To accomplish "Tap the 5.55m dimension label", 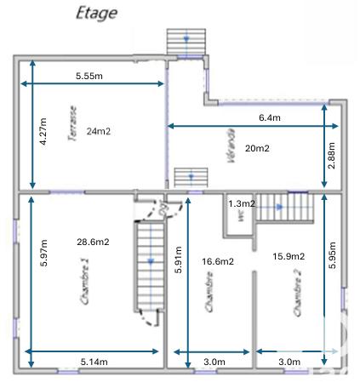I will (89, 76).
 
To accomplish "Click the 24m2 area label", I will (99, 131).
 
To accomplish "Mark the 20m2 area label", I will (258, 148).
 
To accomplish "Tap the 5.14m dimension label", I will (95, 362).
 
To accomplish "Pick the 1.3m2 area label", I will (242, 203).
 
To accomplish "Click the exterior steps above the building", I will (186, 41).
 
